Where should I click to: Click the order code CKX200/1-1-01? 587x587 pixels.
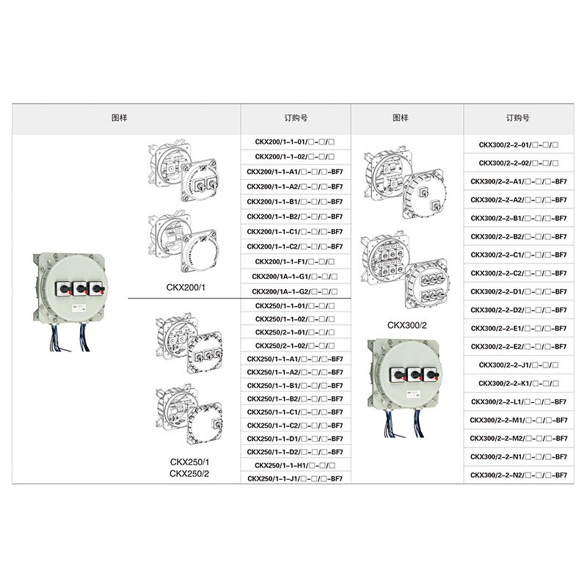coord(295,142)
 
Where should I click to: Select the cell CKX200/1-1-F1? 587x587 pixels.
coord(295,262)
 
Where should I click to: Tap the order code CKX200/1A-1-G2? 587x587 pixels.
coord(295,291)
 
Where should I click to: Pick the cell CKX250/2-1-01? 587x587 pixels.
coord(295,332)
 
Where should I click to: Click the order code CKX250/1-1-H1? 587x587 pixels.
coord(295,465)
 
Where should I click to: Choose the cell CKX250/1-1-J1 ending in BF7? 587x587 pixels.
coord(295,479)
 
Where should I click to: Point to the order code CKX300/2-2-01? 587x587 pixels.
coord(519,145)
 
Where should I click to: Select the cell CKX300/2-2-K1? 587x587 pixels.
coord(519,383)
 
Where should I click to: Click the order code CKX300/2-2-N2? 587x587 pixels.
coord(519,475)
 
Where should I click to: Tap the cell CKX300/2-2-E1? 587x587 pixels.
coord(519,328)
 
